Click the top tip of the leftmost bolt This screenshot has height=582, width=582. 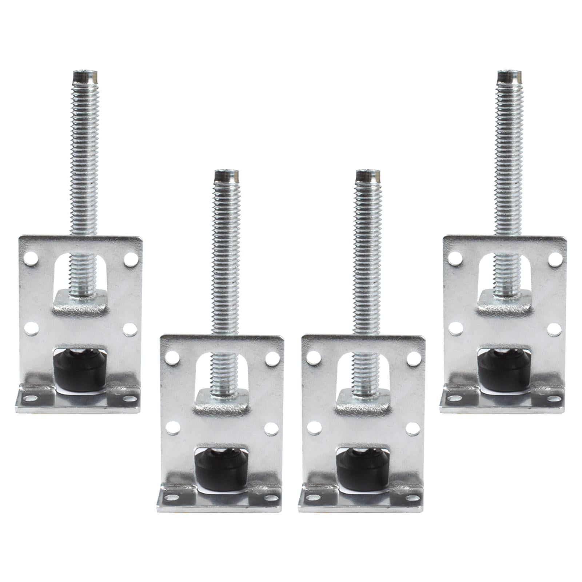pos(85,76)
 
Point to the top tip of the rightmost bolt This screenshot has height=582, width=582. pos(509,76)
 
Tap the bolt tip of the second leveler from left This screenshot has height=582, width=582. pos(226,175)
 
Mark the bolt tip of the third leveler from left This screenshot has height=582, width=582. pos(368,175)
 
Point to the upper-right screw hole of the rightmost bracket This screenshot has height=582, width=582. pos(555,259)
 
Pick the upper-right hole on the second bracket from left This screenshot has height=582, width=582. pos(272,359)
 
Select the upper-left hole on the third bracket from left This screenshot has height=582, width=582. pos(314,358)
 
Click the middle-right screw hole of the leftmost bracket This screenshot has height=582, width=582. pos(130,329)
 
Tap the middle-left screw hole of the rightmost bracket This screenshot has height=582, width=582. pos(455,328)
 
